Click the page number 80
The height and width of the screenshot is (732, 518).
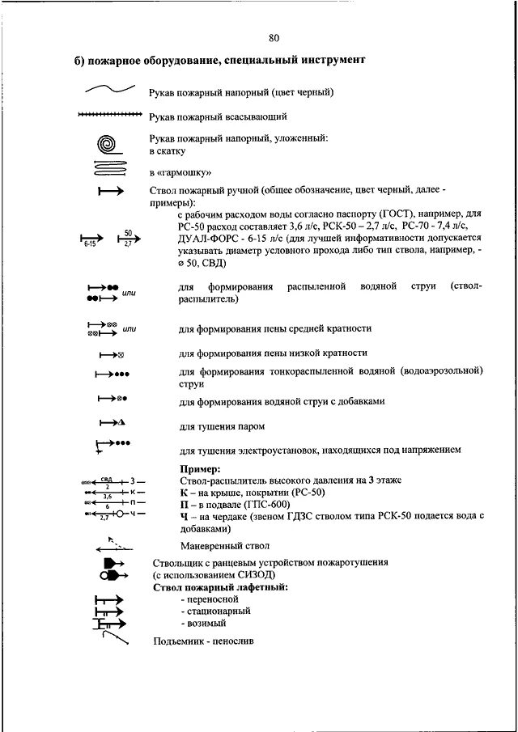[273, 38]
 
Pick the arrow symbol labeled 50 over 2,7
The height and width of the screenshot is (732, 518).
[127, 238]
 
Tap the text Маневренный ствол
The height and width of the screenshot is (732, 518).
[224, 546]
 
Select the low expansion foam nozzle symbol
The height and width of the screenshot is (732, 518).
[111, 354]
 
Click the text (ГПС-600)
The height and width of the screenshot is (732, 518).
[255, 503]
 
